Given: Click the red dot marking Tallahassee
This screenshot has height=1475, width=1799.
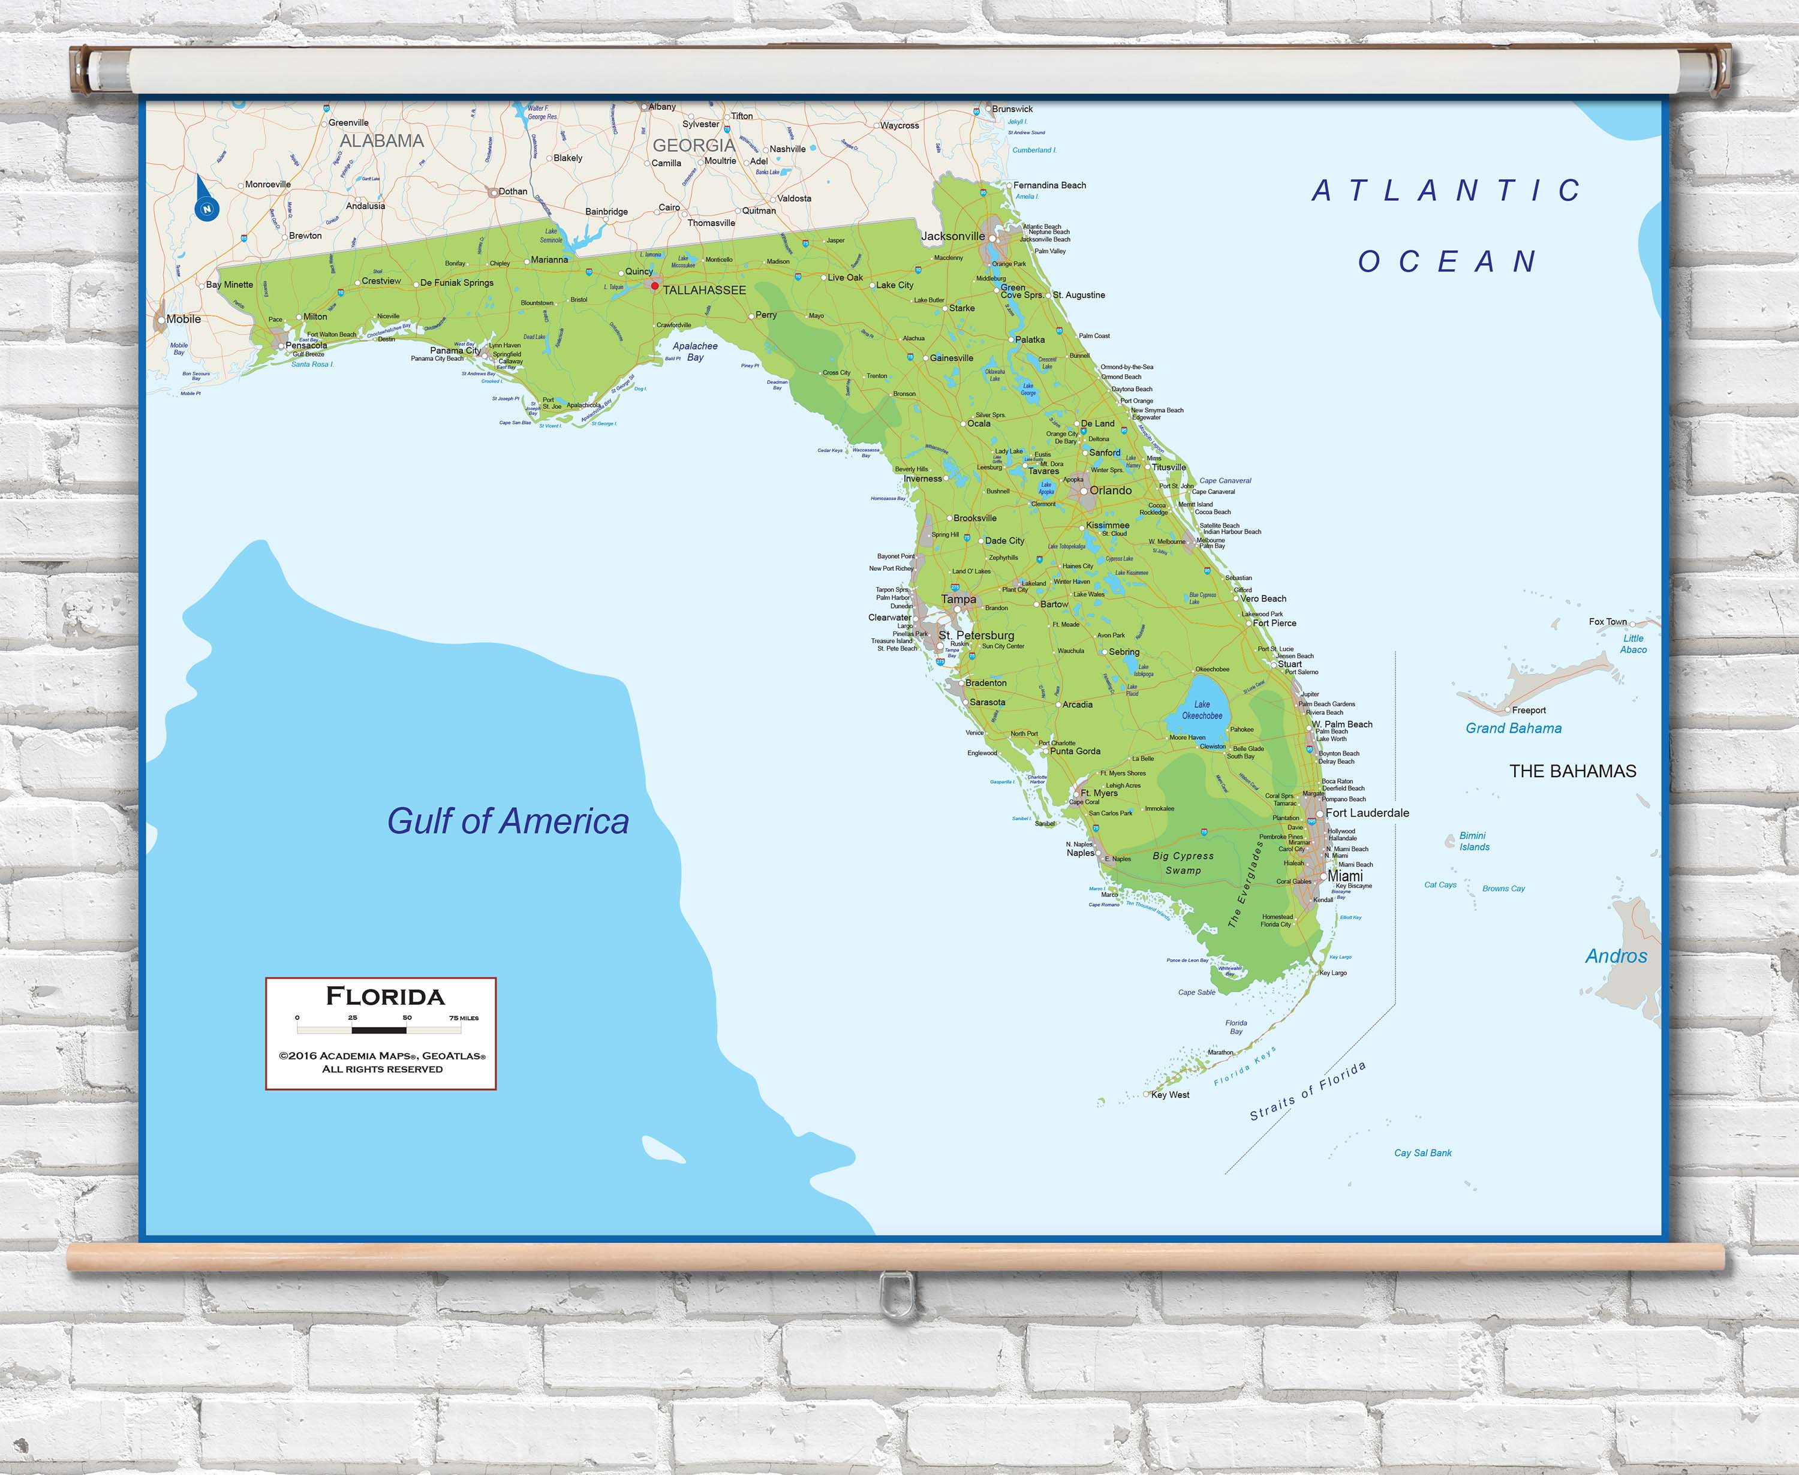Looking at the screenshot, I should coord(654,287).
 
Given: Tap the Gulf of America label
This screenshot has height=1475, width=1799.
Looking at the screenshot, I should coord(507,821).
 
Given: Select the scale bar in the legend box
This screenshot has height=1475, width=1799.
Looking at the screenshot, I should coord(379,1030).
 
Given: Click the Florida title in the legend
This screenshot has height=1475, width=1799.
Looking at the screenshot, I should coord(385,997).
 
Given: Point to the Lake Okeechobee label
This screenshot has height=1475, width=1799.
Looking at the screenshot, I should coord(1202,711).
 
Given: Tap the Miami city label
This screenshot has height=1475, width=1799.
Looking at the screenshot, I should coord(1344,876).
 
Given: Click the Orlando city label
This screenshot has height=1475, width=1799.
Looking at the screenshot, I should coord(1111,490).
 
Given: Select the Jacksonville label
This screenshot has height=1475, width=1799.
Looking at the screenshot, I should coord(953,236).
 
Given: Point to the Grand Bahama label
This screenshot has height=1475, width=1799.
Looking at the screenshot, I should coord(1514,728).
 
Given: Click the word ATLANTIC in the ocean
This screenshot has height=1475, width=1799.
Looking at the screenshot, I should coord(1446,190).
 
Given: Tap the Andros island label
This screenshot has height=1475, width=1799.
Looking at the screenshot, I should coord(1616,956).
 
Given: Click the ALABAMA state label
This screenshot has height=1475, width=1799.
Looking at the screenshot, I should coord(381,141).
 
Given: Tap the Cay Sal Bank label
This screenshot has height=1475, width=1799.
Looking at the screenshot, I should coord(1422,1153).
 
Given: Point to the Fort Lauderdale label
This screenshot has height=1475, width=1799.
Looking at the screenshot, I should coord(1367,813).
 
